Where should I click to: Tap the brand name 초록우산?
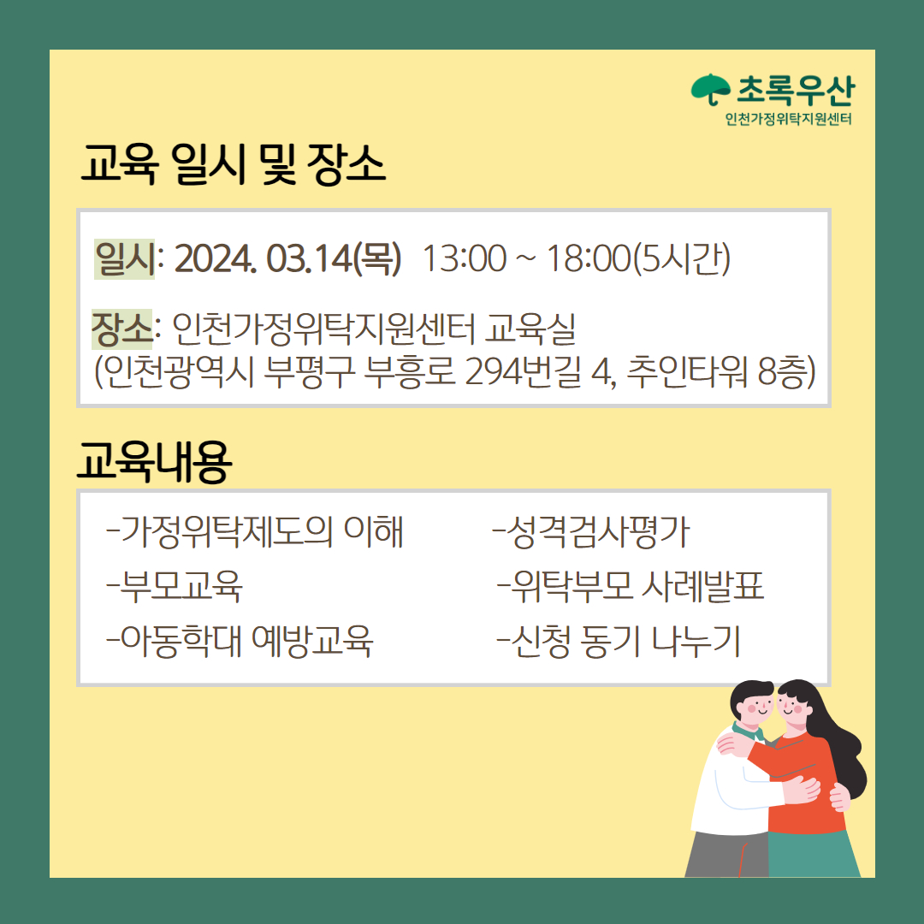coord(796,90)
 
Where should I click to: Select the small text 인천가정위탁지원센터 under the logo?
coord(789,119)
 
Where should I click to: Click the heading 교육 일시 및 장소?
coord(233,163)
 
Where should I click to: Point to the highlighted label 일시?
coord(124,258)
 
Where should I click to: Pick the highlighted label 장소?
coord(121,329)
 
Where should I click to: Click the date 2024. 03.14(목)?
coord(287,258)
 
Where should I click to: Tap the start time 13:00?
coord(465,258)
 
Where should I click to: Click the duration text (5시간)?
coord(681,258)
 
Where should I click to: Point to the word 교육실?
coord(530,329)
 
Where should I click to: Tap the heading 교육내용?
coord(154,461)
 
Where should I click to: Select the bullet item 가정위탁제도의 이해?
coord(255,531)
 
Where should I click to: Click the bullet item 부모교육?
coord(175,586)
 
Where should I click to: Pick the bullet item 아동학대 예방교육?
coord(240,641)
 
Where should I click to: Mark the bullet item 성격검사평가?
coord(590,531)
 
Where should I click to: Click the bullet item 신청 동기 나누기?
coord(619,641)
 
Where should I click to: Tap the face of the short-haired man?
coord(756,708)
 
